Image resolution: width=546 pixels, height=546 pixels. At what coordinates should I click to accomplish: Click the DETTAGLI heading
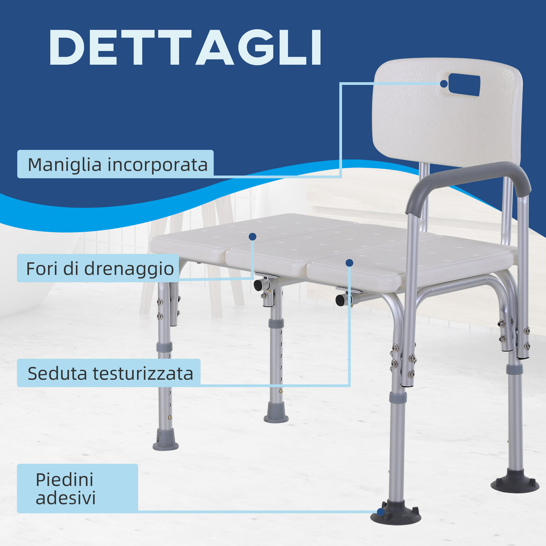coord(185,48)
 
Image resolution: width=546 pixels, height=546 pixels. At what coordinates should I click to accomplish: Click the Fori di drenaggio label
coord(100,269)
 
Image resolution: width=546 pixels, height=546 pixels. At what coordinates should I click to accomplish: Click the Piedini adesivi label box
coord(77,488)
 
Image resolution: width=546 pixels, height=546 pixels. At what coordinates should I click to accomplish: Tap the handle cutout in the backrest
coord(464,85)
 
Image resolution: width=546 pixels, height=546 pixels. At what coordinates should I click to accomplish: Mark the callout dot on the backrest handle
coord(444,84)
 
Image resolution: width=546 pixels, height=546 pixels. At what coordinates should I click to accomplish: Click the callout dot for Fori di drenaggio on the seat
coord(252,236)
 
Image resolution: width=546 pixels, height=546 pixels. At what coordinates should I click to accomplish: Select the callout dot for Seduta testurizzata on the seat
coord(349,263)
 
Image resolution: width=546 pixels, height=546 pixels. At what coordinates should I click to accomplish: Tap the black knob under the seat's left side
coord(258,285)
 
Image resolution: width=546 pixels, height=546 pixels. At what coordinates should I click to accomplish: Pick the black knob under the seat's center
coord(340,300)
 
